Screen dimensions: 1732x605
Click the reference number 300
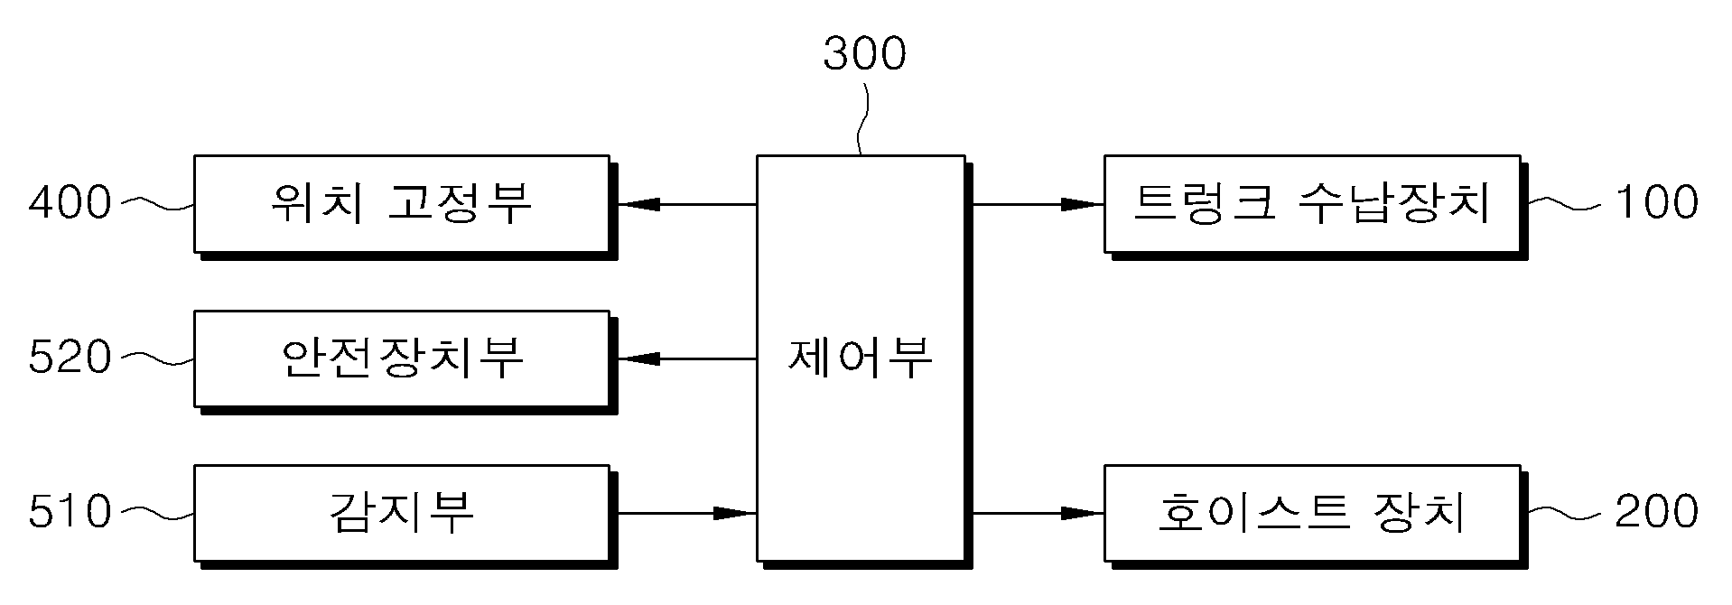pyautogui.click(x=864, y=53)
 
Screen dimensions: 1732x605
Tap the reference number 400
pyautogui.click(x=70, y=202)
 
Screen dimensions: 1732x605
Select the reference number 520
pyautogui.click(x=70, y=358)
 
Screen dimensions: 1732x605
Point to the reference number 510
pyautogui.click(x=70, y=512)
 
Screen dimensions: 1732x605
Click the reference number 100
pyautogui.click(x=1656, y=202)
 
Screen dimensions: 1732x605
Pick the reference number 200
pyautogui.click(x=1656, y=512)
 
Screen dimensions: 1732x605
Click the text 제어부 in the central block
pyautogui.click(x=861, y=358)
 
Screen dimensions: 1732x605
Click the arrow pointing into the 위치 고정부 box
pyautogui.click(x=687, y=205)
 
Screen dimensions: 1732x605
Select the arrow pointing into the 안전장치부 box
pyautogui.click(x=687, y=359)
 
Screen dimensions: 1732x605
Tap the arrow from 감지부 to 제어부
pyautogui.click(x=687, y=514)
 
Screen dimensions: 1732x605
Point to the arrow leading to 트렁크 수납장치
pyautogui.click(x=1038, y=205)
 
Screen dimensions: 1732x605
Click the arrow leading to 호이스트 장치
pyautogui.click(x=1038, y=514)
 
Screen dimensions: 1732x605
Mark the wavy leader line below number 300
pyautogui.click(x=862, y=119)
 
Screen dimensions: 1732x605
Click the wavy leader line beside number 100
pyautogui.click(x=1567, y=205)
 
